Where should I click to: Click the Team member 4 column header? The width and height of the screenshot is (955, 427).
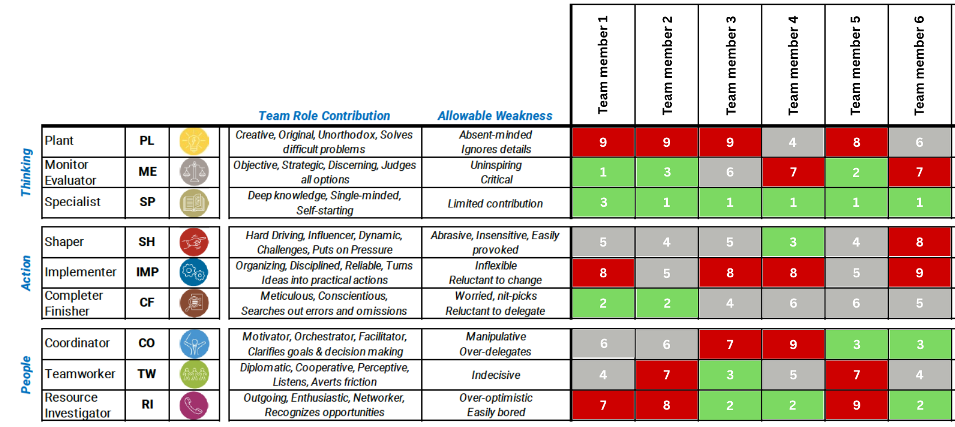793,64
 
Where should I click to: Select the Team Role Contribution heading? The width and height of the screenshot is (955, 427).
324,116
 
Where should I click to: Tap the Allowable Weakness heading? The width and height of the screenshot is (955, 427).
495,116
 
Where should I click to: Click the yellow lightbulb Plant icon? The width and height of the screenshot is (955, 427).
194,141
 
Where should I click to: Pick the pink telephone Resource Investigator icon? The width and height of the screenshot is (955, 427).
194,405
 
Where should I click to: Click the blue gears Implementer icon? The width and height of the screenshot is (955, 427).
194,272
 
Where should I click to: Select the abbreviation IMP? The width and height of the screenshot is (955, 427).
147,272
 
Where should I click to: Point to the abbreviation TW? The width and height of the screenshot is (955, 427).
147,374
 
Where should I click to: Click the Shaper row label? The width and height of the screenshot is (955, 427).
64,242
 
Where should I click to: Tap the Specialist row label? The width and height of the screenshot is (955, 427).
73,202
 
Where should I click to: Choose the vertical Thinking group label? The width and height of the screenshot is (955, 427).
26,172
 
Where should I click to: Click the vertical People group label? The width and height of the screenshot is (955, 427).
26,374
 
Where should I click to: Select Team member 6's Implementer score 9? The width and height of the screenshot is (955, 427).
919,273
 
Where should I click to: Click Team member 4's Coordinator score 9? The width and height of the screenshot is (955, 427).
793,345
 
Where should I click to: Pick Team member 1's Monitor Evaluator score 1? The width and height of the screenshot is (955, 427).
603,172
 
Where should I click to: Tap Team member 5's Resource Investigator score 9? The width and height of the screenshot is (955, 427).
856,405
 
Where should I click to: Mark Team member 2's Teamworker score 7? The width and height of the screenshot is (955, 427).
666,375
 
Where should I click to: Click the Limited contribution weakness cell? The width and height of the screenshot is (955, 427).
495,203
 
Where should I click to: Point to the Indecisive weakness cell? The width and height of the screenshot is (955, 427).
495,375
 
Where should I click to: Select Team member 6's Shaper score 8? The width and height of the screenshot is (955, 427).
919,242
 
